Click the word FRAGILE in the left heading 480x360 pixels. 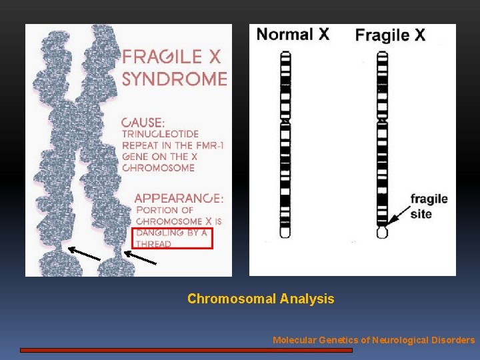pyautogui.click(x=165, y=56)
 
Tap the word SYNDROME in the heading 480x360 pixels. pyautogui.click(x=175, y=79)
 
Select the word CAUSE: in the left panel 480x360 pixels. pyautogui.click(x=144, y=123)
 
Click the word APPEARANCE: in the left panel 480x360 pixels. pyautogui.click(x=179, y=198)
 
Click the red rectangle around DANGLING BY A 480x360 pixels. pyautogui.click(x=172, y=237)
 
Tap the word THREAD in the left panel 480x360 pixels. pyautogui.click(x=153, y=244)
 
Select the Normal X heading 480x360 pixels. pyautogui.click(x=293, y=35)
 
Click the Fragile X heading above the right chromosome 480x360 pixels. pyautogui.click(x=390, y=35)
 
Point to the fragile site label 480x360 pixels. pyautogui.click(x=428, y=206)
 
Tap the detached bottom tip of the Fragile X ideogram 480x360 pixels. pyautogui.click(x=382, y=233)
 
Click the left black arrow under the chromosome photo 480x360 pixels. pyautogui.click(x=83, y=253)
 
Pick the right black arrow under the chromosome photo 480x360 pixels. pyautogui.click(x=140, y=257)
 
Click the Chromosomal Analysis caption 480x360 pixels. pyautogui.click(x=261, y=299)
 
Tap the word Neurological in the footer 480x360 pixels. pyautogui.click(x=401, y=340)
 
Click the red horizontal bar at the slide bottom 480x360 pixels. pyautogui.click(x=186, y=349)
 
